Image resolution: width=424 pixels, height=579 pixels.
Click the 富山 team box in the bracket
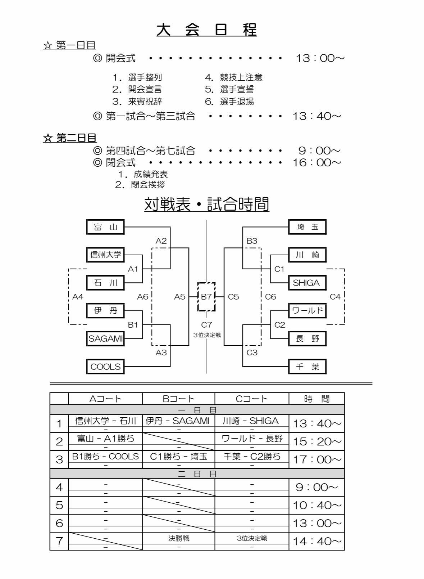click(x=105, y=227)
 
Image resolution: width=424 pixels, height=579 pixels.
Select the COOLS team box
click(x=105, y=367)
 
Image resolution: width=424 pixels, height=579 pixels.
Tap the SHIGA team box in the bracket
click(x=307, y=283)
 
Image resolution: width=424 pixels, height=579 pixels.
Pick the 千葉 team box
click(x=307, y=367)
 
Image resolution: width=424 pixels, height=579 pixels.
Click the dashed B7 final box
click(x=206, y=297)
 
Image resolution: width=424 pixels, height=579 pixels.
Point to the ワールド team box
click(x=307, y=311)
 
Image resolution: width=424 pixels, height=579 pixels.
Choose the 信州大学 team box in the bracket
click(x=105, y=255)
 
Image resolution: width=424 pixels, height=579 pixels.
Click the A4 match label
click(x=78, y=297)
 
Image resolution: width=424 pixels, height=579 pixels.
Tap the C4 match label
click(x=335, y=297)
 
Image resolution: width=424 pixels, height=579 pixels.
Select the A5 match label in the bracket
click(x=180, y=297)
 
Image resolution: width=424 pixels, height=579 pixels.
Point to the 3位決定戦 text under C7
click(x=207, y=335)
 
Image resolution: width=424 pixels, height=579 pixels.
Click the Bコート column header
click(x=179, y=399)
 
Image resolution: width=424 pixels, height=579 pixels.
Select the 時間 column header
click(x=316, y=399)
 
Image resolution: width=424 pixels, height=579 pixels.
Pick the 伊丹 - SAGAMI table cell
click(x=179, y=421)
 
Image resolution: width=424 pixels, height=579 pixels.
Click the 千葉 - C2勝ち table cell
click(x=252, y=457)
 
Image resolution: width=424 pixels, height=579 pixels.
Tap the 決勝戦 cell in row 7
click(x=179, y=539)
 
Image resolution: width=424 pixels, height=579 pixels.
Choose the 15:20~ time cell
click(x=316, y=441)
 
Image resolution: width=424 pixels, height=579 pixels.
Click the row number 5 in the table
click(x=59, y=505)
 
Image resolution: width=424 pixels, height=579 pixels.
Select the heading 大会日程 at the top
click(x=207, y=30)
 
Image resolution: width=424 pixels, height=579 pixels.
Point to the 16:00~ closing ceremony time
click(x=316, y=163)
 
